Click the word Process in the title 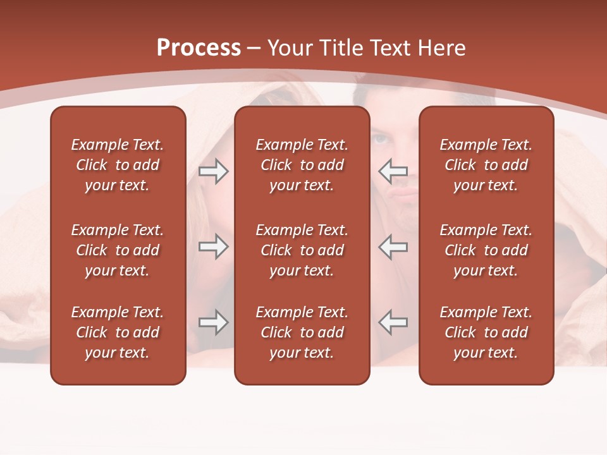pos(199,48)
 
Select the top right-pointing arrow pos(213,171)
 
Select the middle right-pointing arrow pos(213,246)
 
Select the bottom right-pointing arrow pos(213,322)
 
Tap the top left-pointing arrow pos(393,171)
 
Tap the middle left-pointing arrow pos(393,246)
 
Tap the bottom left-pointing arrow pos(393,322)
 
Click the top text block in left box pos(118,165)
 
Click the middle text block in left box pos(118,250)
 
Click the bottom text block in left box pos(118,332)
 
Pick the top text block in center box pos(302,165)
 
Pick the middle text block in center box pos(302,250)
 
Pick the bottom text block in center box pos(302,332)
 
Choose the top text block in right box pos(486,165)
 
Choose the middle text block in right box pos(486,250)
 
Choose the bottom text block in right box pos(486,332)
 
